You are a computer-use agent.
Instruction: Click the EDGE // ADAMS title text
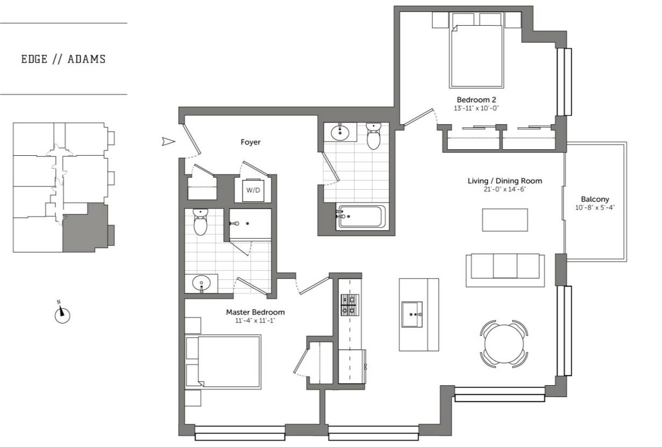63,59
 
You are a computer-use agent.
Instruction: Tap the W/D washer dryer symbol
252,190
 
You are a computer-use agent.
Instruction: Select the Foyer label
250,142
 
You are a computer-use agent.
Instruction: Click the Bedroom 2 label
476,100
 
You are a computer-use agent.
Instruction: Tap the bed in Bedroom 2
476,56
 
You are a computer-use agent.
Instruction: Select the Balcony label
595,199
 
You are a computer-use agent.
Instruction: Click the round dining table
504,344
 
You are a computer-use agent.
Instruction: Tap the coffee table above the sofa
504,220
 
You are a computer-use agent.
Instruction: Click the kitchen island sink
412,314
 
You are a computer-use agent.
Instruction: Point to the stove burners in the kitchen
347,305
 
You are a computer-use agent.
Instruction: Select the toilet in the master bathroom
200,223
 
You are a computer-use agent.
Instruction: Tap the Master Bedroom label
255,312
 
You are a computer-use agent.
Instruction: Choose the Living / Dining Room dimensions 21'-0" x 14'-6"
504,189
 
